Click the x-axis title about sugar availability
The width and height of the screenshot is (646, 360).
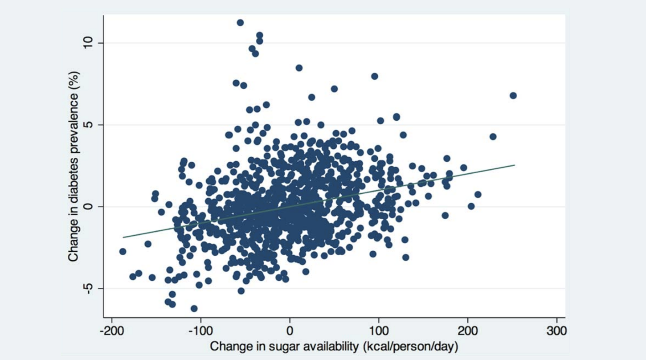tap(334, 346)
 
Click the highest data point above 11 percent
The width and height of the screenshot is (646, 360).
tap(240, 22)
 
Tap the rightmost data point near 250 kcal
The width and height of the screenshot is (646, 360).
tap(513, 95)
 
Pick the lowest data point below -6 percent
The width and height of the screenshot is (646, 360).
tap(194, 308)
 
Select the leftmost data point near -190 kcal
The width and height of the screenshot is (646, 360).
tap(123, 251)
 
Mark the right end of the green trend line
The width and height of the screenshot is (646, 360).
tap(515, 165)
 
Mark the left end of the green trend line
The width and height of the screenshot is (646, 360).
tap(123, 237)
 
